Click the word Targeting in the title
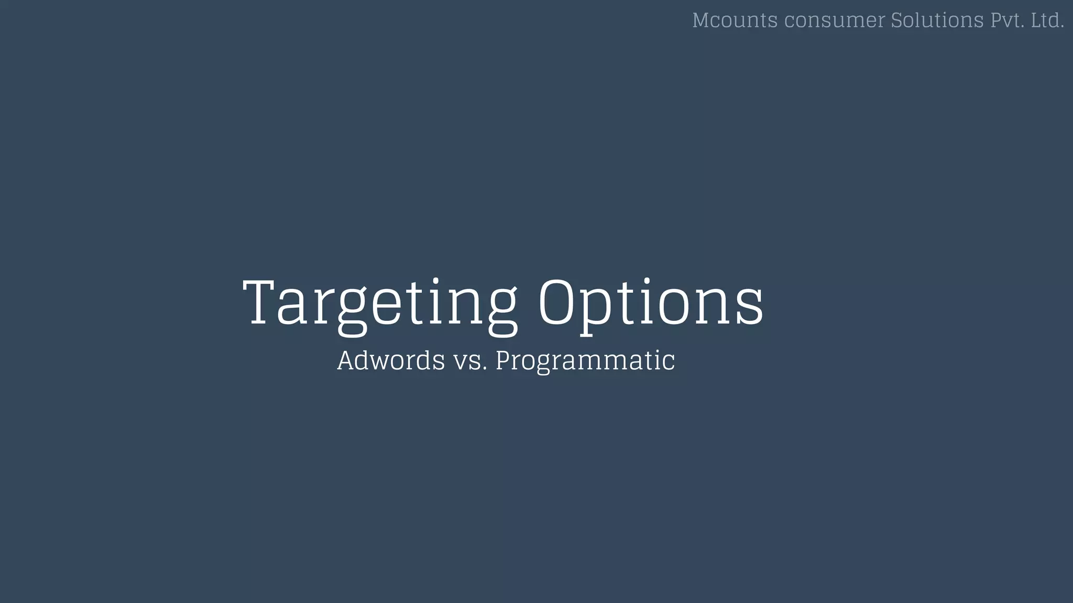(380, 304)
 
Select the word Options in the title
(651, 304)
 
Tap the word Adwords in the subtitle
(391, 361)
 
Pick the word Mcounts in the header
(735, 20)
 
